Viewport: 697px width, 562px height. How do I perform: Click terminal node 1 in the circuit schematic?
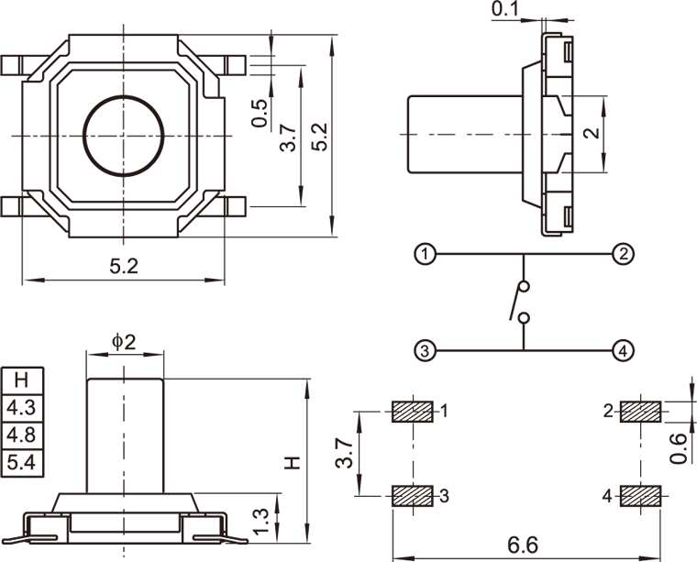[424, 254]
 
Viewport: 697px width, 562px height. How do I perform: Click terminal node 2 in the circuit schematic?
[623, 254]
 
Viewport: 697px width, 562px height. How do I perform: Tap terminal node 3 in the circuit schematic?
[424, 350]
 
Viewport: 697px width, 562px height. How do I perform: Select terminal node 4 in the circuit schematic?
[623, 350]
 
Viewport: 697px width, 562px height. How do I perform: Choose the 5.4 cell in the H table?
[20, 462]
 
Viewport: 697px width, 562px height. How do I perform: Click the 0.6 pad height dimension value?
[679, 447]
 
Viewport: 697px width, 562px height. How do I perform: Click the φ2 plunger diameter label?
[124, 341]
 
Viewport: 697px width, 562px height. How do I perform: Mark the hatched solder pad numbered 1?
[413, 412]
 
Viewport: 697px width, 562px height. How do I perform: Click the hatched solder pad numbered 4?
[641, 496]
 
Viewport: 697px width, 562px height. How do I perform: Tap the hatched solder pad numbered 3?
[413, 496]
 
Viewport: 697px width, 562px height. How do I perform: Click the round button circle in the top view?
[124, 136]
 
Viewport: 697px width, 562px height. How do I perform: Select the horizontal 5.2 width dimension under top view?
[124, 267]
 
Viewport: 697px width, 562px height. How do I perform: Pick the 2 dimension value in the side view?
[592, 132]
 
